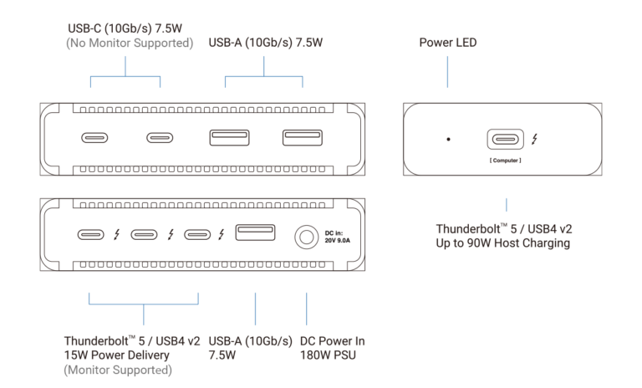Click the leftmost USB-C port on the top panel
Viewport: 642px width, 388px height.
click(x=92, y=137)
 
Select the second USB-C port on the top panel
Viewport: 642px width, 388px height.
click(x=160, y=137)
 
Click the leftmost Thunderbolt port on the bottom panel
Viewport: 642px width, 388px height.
click(x=92, y=235)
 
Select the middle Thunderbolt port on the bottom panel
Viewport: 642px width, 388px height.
click(x=145, y=235)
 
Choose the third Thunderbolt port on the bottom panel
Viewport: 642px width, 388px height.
click(x=199, y=235)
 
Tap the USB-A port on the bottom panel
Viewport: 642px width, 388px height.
click(x=255, y=233)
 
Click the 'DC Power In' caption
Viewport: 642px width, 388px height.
click(x=331, y=342)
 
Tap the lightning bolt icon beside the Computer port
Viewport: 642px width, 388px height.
click(x=535, y=139)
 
